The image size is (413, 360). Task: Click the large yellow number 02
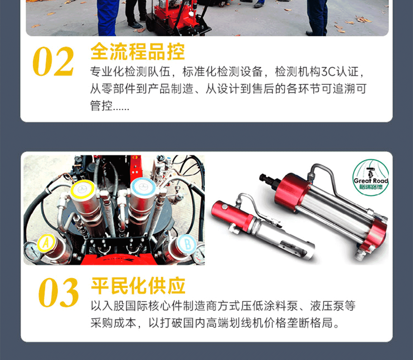coord(53,61)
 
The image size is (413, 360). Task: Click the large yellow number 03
coord(59,292)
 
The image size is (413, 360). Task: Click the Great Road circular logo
coord(371,177)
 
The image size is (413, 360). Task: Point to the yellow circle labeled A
coord(46,243)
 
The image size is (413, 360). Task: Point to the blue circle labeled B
coord(187,244)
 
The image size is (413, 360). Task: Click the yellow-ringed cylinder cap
coord(82,189)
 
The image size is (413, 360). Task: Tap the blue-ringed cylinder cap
coord(143,187)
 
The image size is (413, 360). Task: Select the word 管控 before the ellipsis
coord(101,106)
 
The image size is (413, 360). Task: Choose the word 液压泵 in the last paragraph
coord(327,306)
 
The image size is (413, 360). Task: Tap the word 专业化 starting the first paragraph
coord(107,71)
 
